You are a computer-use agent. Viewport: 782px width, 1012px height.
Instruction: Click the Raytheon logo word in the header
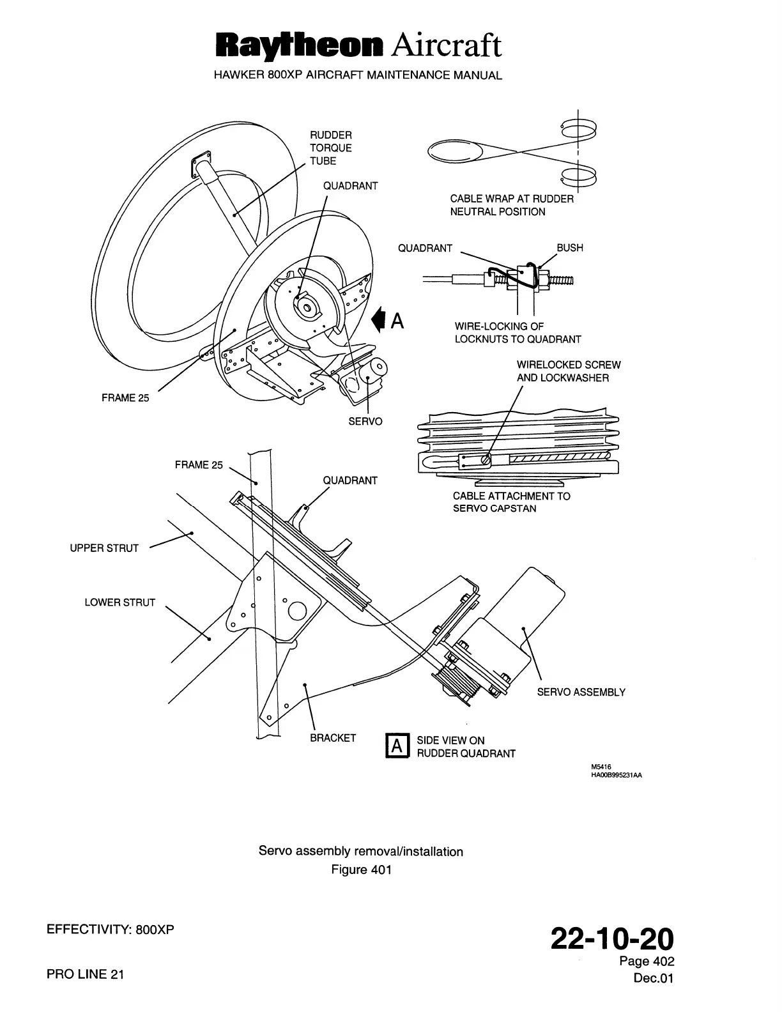[299, 46]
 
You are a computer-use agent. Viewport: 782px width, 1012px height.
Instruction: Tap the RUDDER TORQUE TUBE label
[331, 148]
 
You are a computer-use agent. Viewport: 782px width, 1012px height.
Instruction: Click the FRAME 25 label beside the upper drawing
[125, 398]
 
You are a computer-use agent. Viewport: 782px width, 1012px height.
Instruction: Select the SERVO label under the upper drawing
[365, 422]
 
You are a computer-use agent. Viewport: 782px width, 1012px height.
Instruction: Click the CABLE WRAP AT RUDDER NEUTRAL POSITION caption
[511, 205]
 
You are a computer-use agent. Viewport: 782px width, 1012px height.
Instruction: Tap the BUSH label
[570, 248]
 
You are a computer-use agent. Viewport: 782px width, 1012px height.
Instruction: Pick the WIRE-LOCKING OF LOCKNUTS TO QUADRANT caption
[517, 333]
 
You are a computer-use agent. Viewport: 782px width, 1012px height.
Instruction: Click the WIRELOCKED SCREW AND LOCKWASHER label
[569, 371]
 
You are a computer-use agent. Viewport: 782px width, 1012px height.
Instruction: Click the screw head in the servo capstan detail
[486, 458]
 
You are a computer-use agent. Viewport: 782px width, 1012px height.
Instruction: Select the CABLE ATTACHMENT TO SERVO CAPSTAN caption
[511, 502]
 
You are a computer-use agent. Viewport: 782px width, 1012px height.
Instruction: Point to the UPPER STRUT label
[104, 548]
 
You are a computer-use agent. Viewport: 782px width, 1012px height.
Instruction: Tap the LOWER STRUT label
[120, 602]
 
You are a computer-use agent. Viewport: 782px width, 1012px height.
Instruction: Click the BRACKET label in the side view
[333, 738]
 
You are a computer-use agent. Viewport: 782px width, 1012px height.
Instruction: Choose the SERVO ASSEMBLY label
[581, 692]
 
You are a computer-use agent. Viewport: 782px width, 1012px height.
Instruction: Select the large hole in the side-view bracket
[298, 611]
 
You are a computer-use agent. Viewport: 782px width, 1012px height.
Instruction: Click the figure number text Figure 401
[361, 870]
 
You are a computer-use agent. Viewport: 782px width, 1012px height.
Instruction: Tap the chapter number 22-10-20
[612, 940]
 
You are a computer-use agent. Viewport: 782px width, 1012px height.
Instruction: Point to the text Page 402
[647, 962]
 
